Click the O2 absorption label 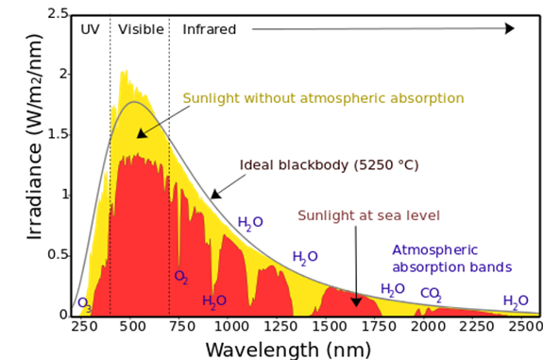click(181, 277)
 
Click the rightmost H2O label click(516, 300)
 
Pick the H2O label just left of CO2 click(393, 289)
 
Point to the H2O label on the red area click(214, 301)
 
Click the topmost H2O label click(250, 223)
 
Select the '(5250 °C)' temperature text click(384, 164)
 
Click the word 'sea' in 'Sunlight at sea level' click(390, 214)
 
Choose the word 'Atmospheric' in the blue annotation click(435, 250)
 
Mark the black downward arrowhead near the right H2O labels click(356, 301)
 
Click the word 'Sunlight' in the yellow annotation click(212, 98)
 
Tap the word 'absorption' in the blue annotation click(426, 267)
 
